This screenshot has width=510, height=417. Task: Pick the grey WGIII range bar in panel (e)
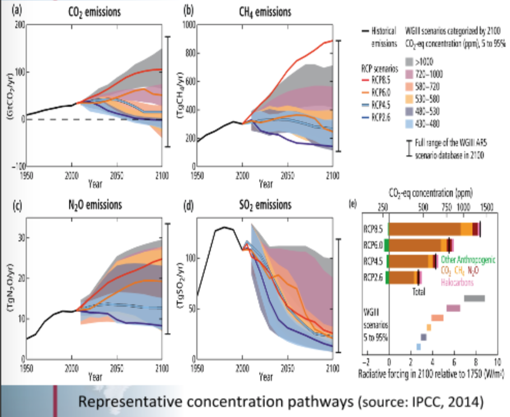pyautogui.click(x=474, y=298)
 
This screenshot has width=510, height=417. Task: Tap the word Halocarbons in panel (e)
pyautogui.click(x=457, y=282)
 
